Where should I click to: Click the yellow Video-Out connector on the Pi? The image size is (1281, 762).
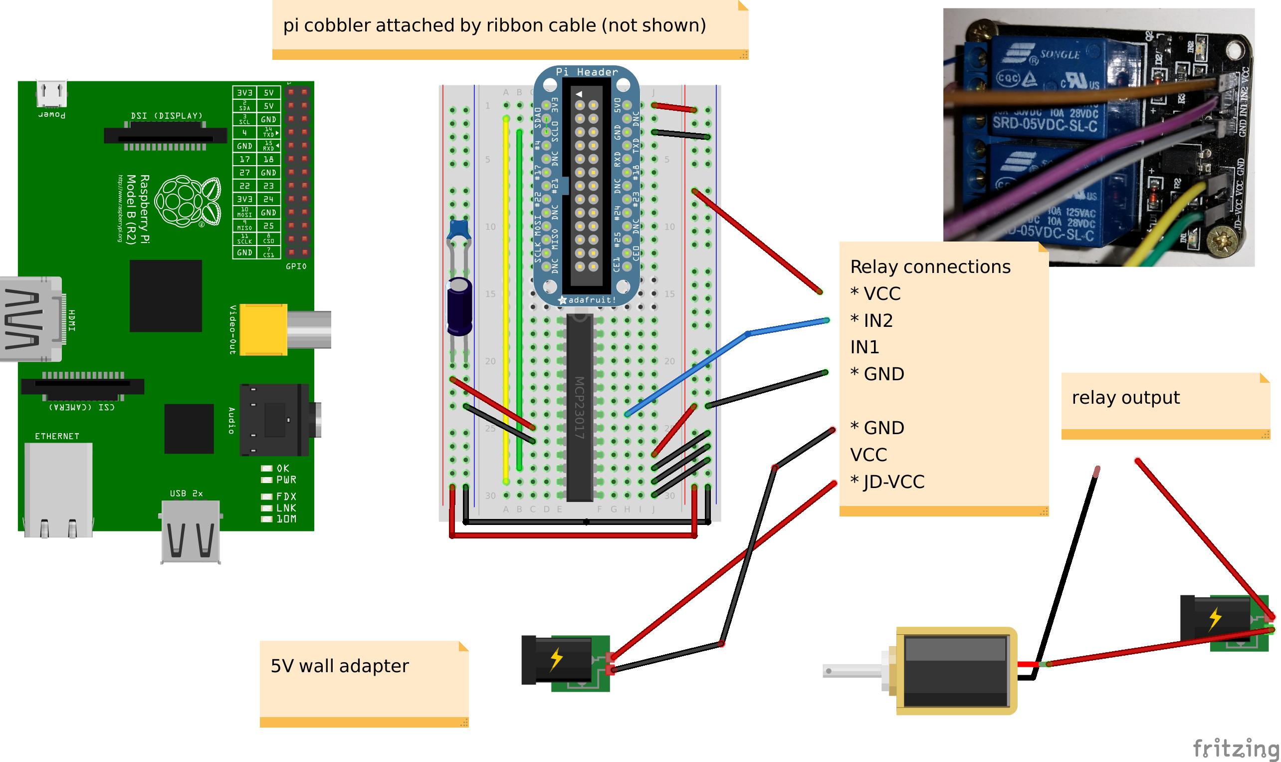pyautogui.click(x=263, y=329)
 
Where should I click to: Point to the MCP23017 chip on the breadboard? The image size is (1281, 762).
pyautogui.click(x=580, y=408)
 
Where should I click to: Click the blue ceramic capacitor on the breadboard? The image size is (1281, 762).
pyautogui.click(x=458, y=229)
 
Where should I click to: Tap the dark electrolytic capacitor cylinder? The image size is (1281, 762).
pyautogui.click(x=459, y=306)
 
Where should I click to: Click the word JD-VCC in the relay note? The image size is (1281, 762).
pyautogui.click(x=893, y=482)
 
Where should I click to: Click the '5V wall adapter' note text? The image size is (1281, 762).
pyautogui.click(x=339, y=666)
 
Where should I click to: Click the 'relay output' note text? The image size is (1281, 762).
pyautogui.click(x=1125, y=397)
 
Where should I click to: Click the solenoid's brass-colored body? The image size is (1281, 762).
pyautogui.click(x=956, y=671)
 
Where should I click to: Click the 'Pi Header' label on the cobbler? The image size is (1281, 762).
pyautogui.click(x=587, y=72)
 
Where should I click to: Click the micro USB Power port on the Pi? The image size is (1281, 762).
pyautogui.click(x=51, y=93)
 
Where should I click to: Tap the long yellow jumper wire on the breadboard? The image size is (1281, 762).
pyautogui.click(x=505, y=298)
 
